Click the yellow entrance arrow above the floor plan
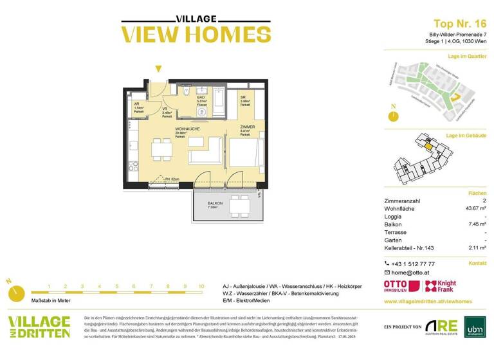pos(158,69)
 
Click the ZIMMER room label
pos(247,127)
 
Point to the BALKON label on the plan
pos(215,203)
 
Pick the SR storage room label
pos(244,97)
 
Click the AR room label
pos(137,104)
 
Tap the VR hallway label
pos(165,109)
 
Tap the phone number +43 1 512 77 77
pos(413,264)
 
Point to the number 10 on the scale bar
pos(201,287)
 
